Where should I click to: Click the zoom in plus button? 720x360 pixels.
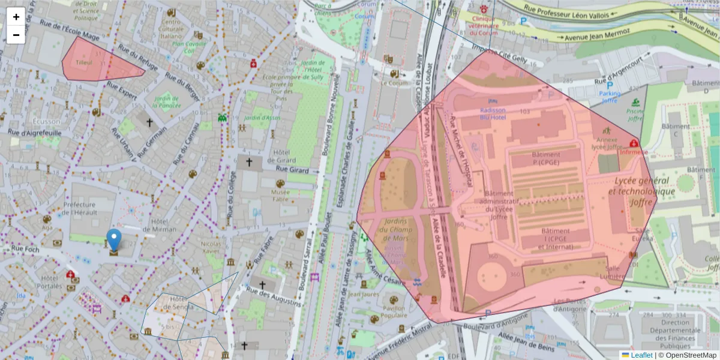(x=16, y=17)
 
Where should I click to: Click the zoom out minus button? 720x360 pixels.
(x=16, y=35)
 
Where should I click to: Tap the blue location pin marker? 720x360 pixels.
(x=113, y=239)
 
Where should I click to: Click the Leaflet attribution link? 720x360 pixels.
(x=641, y=355)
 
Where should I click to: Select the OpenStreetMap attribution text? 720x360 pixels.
(x=691, y=355)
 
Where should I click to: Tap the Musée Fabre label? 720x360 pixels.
(x=280, y=196)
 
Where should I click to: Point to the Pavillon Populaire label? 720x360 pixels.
(x=394, y=312)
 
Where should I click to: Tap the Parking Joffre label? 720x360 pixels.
(x=610, y=97)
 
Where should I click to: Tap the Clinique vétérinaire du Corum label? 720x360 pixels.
(x=485, y=22)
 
